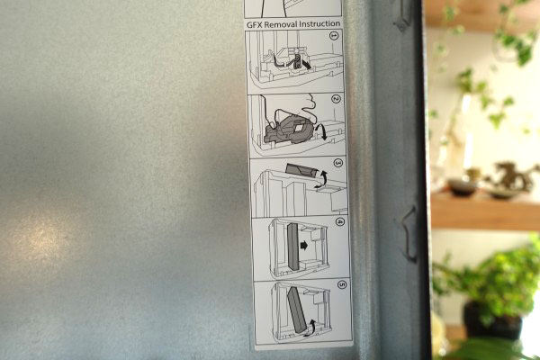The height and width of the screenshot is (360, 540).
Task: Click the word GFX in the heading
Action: tap(254, 25)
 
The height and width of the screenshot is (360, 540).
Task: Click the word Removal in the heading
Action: tap(280, 24)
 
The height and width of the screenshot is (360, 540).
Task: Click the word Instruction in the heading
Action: tap(319, 23)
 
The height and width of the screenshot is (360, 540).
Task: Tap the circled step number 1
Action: tap(334, 35)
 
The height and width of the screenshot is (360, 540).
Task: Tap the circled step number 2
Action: tap(336, 99)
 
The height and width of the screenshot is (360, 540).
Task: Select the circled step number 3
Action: tap(338, 163)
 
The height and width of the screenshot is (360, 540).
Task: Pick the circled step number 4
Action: tap(340, 222)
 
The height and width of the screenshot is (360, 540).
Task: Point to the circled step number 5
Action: tap(342, 284)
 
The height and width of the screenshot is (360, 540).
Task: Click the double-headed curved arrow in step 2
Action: tap(323, 132)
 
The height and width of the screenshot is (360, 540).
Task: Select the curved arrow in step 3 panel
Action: tap(320, 179)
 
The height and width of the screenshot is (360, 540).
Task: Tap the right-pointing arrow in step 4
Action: tap(304, 246)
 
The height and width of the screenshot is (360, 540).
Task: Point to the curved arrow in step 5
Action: tap(310, 327)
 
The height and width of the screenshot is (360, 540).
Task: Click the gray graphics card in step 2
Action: tap(289, 130)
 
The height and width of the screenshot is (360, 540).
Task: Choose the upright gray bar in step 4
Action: tap(293, 247)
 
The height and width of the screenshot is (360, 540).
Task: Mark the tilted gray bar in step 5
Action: tap(296, 310)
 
